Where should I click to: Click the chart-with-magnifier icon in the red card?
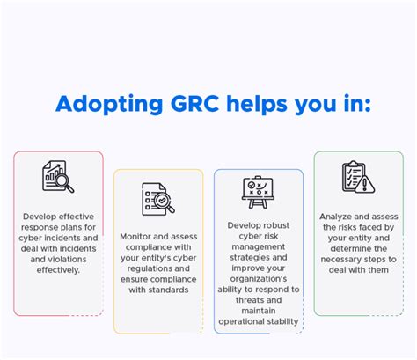pyautogui.click(x=58, y=176)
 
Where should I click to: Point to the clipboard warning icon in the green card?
pyautogui.click(x=357, y=177)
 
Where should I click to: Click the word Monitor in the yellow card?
pyautogui.click(x=140, y=236)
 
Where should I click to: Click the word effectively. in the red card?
pyautogui.click(x=58, y=270)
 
